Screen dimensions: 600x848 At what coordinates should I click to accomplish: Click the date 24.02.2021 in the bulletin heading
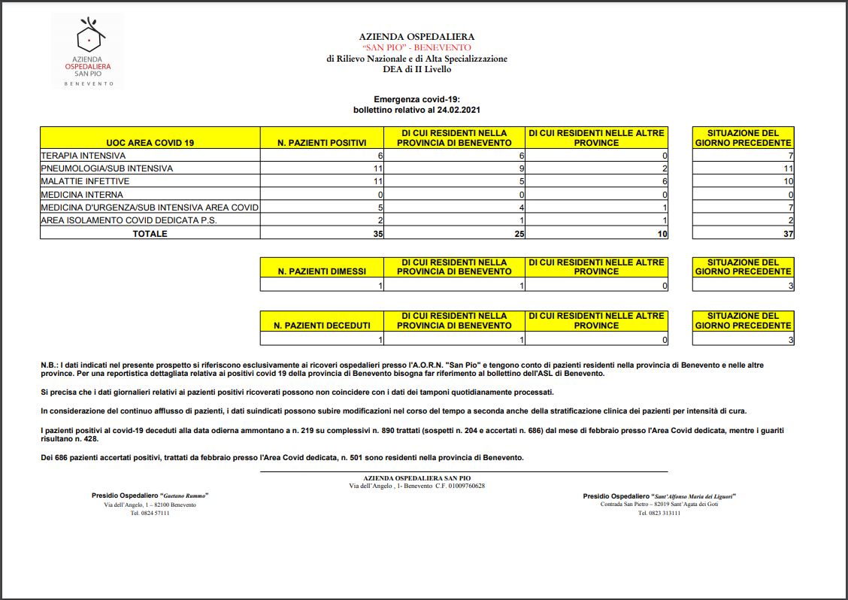tap(456, 110)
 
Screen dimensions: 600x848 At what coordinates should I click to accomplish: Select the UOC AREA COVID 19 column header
tap(150, 143)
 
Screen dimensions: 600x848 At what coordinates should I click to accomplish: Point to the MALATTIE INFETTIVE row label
tap(85, 181)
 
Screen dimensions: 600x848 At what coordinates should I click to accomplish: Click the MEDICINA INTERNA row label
tap(82, 195)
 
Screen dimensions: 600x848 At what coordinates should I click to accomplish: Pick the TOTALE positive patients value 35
tap(378, 234)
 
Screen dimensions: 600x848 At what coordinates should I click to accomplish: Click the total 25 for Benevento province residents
tap(519, 234)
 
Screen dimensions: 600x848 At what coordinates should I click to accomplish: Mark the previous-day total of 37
tap(788, 234)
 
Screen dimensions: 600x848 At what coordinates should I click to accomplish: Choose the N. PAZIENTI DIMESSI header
tap(322, 271)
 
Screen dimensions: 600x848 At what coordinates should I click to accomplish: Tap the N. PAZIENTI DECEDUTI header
tap(322, 326)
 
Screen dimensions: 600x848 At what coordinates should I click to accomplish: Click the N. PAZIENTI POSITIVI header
tap(322, 143)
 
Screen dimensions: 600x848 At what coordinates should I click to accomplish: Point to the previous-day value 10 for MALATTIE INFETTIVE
tap(788, 181)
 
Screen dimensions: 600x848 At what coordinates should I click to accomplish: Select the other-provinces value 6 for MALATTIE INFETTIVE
tap(665, 181)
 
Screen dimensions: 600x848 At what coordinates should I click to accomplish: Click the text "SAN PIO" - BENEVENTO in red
tap(416, 47)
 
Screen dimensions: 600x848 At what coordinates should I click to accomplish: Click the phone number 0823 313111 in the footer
tap(659, 514)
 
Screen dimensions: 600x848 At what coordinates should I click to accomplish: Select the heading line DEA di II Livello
tap(416, 69)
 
